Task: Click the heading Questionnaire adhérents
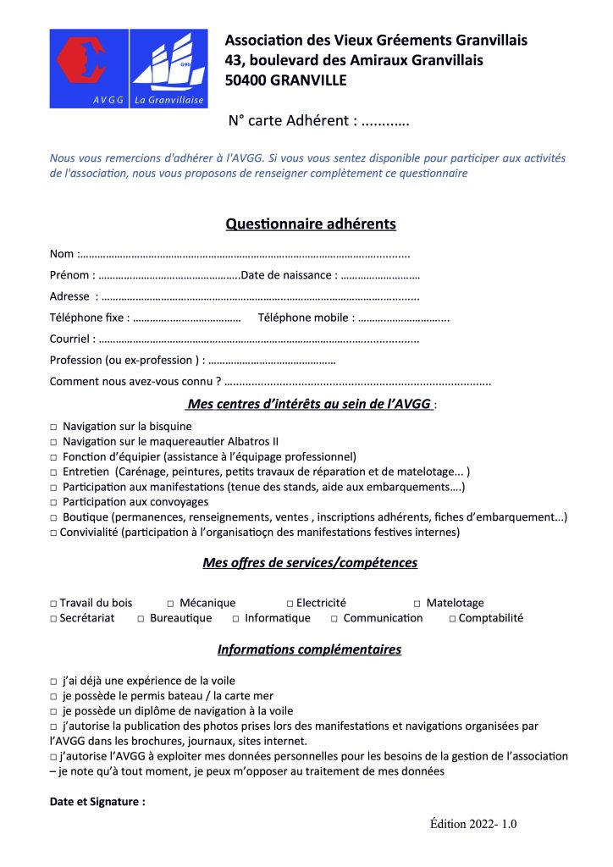click(311, 224)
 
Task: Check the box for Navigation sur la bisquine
click(53, 427)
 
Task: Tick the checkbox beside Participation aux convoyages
click(53, 503)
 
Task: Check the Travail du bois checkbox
click(53, 604)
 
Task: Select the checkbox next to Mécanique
click(170, 604)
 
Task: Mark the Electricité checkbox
click(290, 604)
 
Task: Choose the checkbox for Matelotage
click(417, 604)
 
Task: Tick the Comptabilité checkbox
click(453, 619)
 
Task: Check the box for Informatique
click(236, 619)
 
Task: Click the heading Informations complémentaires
click(309, 650)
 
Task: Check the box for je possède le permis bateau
click(53, 696)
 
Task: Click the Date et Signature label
click(97, 801)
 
